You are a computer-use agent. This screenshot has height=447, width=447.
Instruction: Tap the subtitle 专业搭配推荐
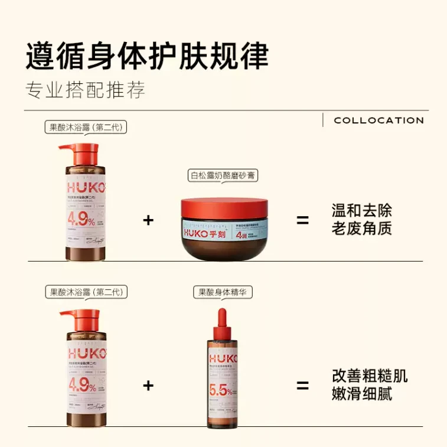pyautogui.click(x=86, y=90)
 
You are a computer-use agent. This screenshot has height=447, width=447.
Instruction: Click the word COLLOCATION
pyautogui.click(x=379, y=120)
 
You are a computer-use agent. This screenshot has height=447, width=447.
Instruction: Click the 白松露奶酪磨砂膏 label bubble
pyautogui.click(x=223, y=175)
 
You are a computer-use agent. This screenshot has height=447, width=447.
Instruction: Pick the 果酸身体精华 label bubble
pyautogui.click(x=222, y=292)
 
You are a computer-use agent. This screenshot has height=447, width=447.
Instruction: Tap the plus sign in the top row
pyautogui.click(x=148, y=221)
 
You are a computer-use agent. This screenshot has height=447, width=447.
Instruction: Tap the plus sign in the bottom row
pyautogui.click(x=148, y=386)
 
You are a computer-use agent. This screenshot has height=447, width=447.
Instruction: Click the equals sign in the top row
pyautogui.click(x=302, y=221)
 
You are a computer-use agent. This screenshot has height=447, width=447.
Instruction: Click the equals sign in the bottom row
pyautogui.click(x=302, y=386)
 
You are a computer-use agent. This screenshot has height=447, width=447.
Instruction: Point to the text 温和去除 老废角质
pyautogui.click(x=361, y=220)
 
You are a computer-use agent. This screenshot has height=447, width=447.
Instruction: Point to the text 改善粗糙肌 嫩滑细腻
pyautogui.click(x=370, y=385)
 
